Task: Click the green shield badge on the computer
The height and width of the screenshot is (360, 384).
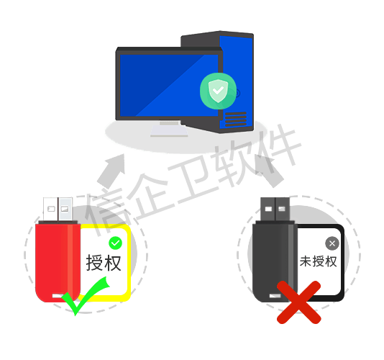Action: pyautogui.click(x=218, y=91)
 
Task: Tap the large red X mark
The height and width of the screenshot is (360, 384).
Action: pyautogui.click(x=298, y=302)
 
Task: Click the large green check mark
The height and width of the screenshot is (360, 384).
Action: pyautogui.click(x=85, y=296)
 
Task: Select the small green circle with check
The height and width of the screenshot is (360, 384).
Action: pyautogui.click(x=115, y=243)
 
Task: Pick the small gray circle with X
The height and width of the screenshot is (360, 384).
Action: pyautogui.click(x=332, y=243)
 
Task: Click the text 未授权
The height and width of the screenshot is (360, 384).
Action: pyautogui.click(x=319, y=261)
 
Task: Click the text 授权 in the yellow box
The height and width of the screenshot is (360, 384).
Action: pyautogui.click(x=104, y=263)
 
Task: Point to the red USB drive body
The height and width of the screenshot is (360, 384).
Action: pyautogui.click(x=58, y=261)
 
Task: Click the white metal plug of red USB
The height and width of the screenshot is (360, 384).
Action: pyautogui.click(x=58, y=209)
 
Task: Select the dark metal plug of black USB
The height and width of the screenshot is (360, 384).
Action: pyautogui.click(x=275, y=209)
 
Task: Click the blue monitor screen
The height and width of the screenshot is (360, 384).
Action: pyautogui.click(x=169, y=86)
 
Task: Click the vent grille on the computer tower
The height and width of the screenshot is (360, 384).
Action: pyautogui.click(x=236, y=119)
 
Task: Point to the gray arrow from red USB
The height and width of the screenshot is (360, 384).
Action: pyautogui.click(x=111, y=171)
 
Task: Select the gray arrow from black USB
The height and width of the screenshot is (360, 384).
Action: pyautogui.click(x=269, y=170)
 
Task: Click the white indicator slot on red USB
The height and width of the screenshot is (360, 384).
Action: pyautogui.click(x=58, y=296)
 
